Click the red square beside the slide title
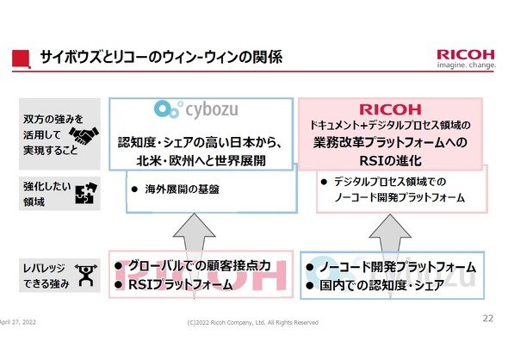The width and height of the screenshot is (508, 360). click(22, 59)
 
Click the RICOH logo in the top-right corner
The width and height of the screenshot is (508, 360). click(466, 54)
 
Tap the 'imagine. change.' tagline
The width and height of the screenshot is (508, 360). click(466, 65)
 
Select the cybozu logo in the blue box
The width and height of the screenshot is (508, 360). click(196, 109)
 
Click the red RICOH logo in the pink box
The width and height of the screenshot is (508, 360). click(390, 109)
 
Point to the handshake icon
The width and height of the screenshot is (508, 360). click(84, 135)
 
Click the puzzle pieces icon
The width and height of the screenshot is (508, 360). click(86, 193)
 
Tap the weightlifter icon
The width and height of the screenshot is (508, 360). click(86, 275)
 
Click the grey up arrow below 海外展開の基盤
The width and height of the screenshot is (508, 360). click(195, 250)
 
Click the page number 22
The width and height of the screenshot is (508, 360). click(487, 318)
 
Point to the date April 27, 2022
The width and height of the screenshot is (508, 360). click(18, 322)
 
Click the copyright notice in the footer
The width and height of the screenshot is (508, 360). click(252, 322)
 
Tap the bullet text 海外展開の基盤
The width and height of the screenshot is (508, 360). click(182, 189)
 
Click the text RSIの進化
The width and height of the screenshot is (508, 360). click(390, 161)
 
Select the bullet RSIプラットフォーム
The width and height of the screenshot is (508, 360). click(181, 285)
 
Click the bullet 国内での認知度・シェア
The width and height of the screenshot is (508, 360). click(381, 285)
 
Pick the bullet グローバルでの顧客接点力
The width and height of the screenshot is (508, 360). click(200, 266)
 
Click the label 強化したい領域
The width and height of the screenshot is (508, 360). click(47, 194)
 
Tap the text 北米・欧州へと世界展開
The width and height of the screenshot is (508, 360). click(201, 161)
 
